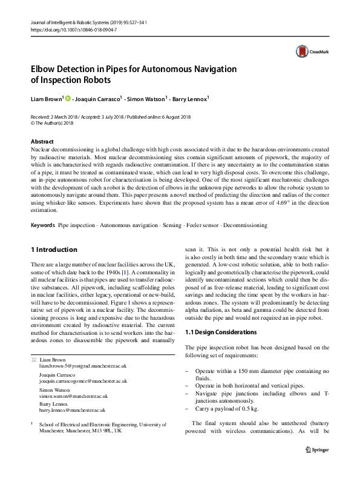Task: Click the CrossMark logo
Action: click(x=306, y=53)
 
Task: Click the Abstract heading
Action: click(x=42, y=142)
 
